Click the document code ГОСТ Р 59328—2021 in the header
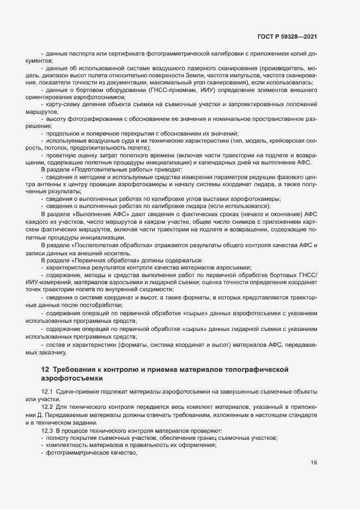[287, 37]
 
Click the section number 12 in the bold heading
[45, 370]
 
